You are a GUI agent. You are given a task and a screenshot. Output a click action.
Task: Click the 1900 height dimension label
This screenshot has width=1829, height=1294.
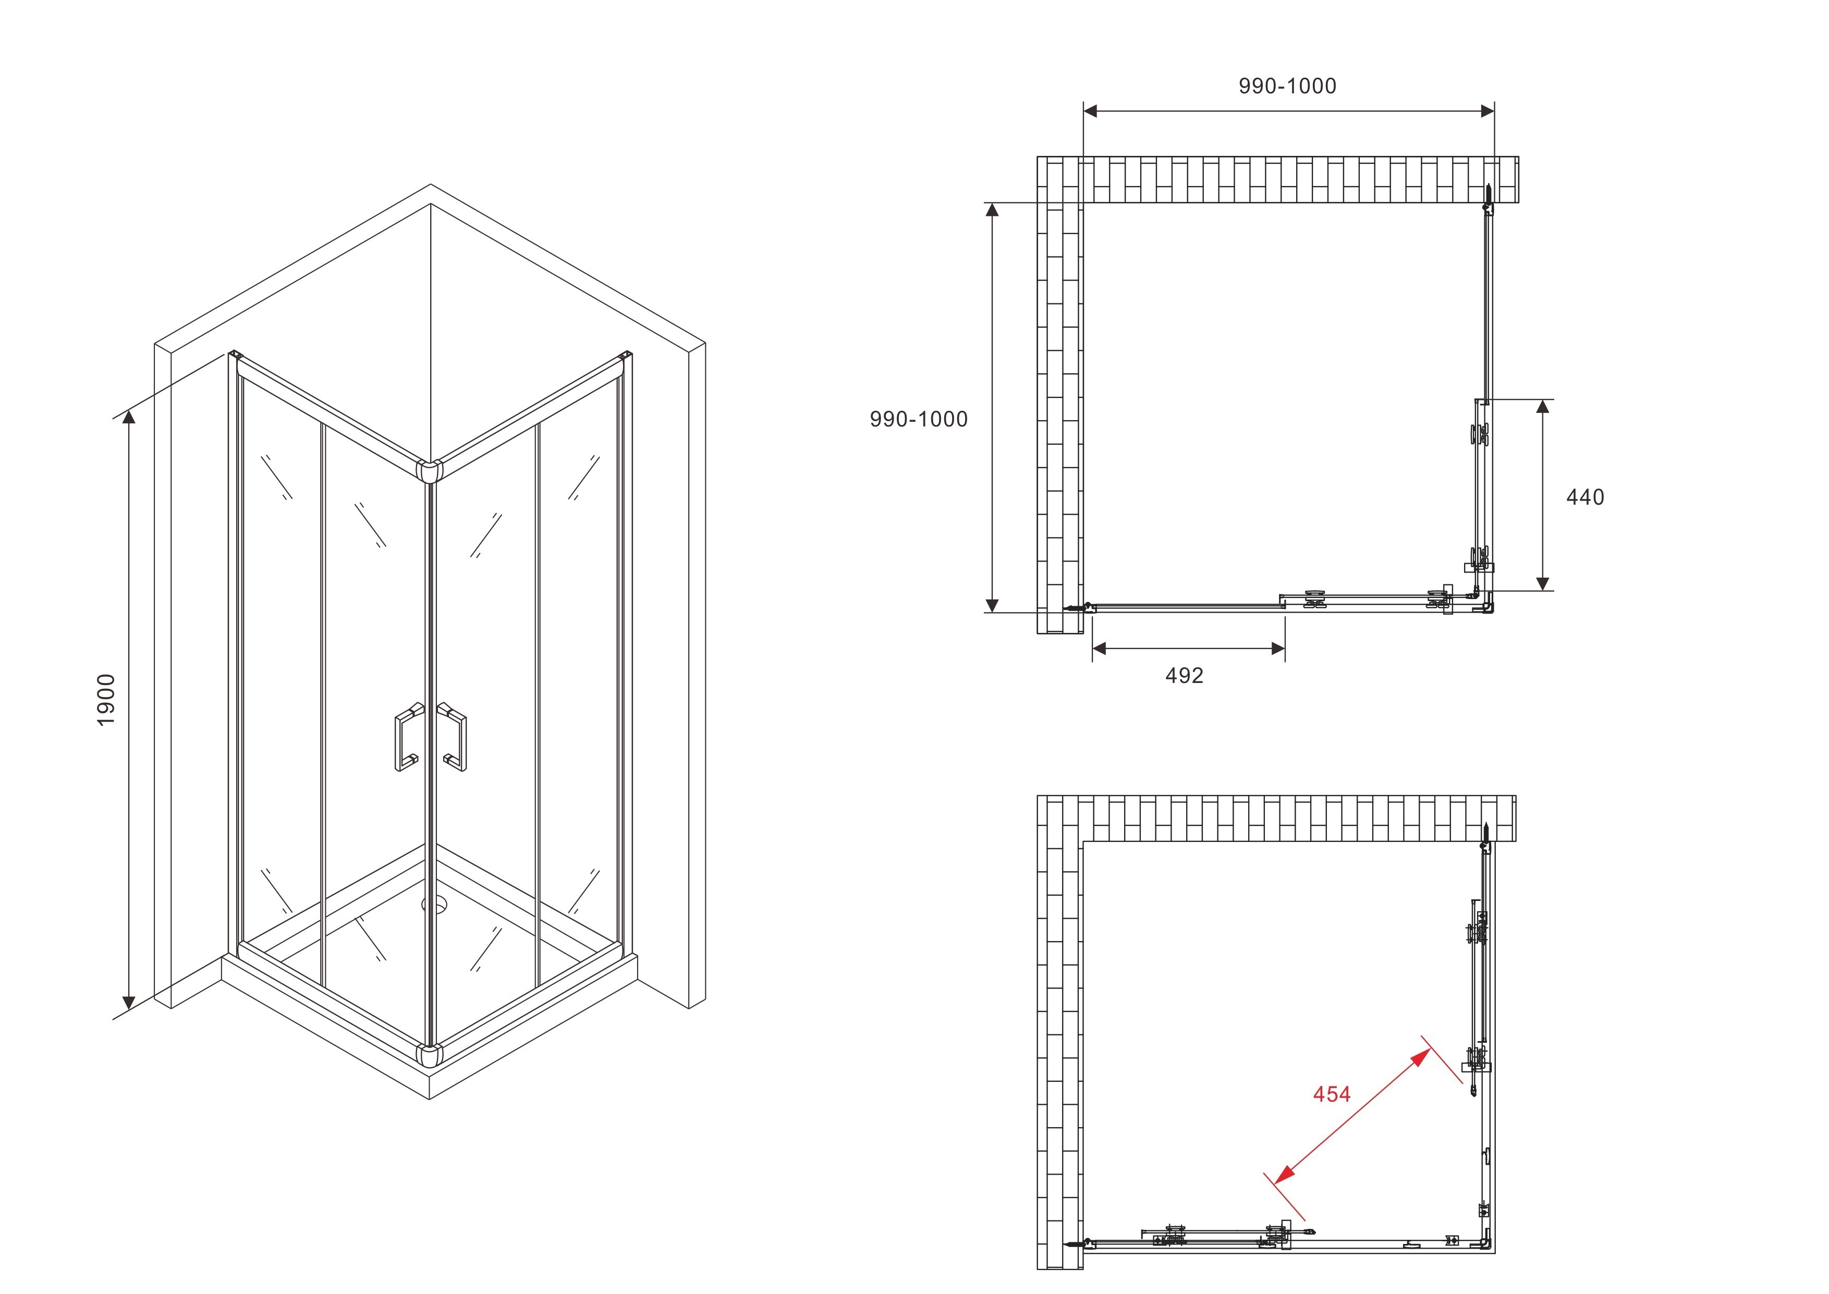(x=106, y=700)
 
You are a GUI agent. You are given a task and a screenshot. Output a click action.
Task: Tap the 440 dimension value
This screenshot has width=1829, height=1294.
(x=1584, y=497)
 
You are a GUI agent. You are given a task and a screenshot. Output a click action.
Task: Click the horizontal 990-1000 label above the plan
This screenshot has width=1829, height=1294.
(x=1287, y=86)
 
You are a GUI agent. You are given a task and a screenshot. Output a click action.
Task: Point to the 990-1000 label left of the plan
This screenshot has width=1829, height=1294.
(x=919, y=419)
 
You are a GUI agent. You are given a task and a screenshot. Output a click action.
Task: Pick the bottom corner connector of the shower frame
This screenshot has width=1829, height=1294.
(x=430, y=1055)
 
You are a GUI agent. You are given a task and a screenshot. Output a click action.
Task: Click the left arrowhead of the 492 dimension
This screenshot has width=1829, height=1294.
(x=1099, y=649)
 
